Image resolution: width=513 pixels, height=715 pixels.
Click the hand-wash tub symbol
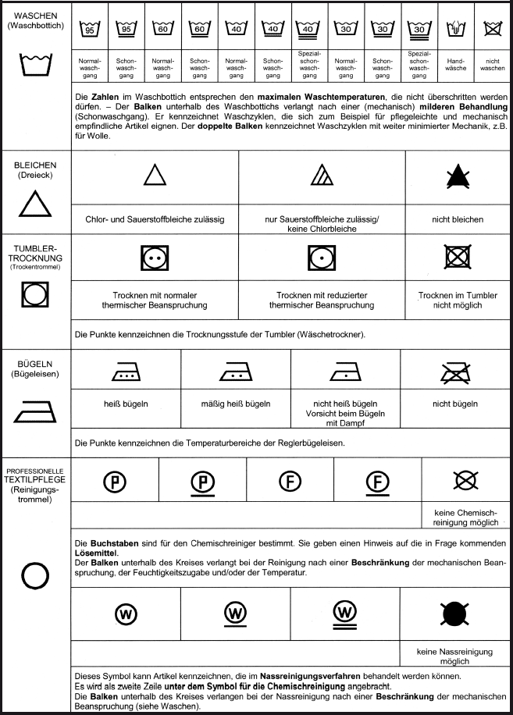tap(456, 29)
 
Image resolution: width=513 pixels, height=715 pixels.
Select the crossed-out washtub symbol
tap(491, 29)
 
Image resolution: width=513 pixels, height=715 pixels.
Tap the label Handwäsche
tap(456, 63)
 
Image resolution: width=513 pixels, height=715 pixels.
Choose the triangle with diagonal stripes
tap(322, 177)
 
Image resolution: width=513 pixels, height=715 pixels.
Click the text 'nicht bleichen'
tap(458, 219)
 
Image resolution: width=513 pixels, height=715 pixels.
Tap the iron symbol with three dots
tap(125, 373)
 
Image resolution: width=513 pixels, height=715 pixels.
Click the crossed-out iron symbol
tap(455, 373)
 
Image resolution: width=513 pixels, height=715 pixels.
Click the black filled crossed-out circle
tap(454, 613)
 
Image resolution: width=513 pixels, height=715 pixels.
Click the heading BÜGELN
tap(34, 364)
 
